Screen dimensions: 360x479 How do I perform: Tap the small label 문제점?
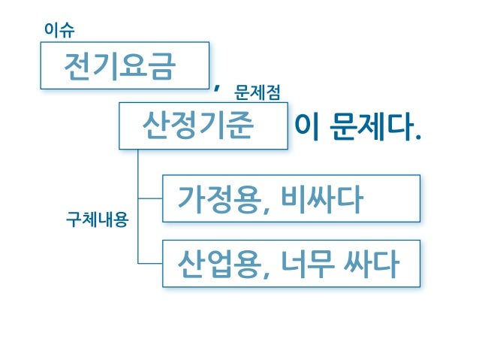(258, 92)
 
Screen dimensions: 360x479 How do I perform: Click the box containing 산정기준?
(203, 126)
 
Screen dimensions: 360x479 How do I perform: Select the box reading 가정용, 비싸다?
(291, 198)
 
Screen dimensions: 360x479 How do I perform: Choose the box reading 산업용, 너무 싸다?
(291, 264)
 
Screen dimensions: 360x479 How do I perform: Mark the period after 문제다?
(417, 138)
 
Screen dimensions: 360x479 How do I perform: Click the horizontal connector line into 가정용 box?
(150, 198)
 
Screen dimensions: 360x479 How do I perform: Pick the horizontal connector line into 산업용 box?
(150, 263)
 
